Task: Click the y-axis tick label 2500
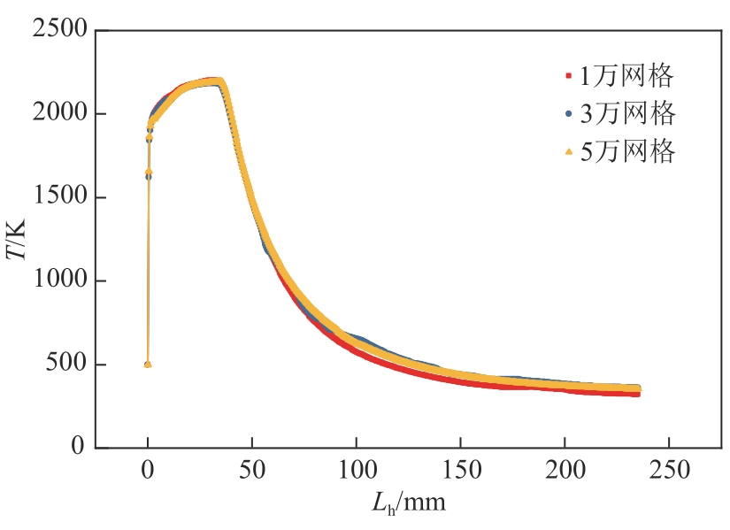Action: (x=60, y=31)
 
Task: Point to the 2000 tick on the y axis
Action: (x=60, y=114)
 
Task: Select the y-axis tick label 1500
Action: (x=60, y=198)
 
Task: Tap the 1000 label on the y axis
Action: (x=60, y=281)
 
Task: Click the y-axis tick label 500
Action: (x=67, y=365)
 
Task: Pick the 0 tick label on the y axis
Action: (x=79, y=448)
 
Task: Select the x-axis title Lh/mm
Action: (x=406, y=504)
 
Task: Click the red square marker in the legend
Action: (x=569, y=76)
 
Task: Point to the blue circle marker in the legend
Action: (x=569, y=113)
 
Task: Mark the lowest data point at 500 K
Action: (x=148, y=364)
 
